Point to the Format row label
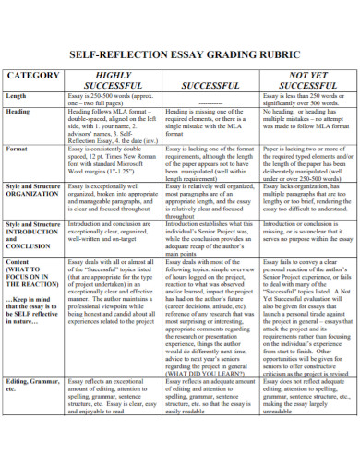coord(18,148)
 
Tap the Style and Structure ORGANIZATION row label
coord(34,191)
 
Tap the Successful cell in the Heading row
coord(208,124)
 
